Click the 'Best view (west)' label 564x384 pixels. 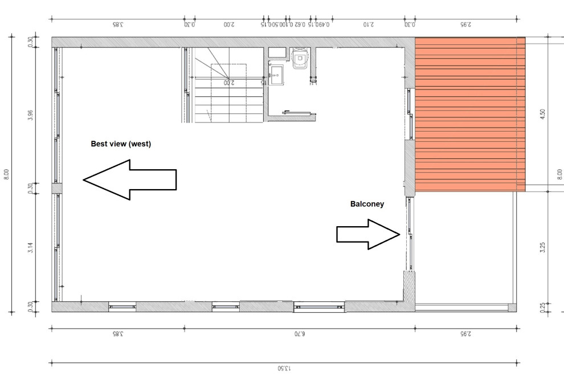[121, 144]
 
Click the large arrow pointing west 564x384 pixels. [130, 179]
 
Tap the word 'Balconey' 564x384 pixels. [367, 203]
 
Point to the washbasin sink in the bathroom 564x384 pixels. [277, 74]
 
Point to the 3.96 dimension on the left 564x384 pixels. [31, 116]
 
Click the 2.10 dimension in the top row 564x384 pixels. [369, 24]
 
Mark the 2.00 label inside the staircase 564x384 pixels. [228, 83]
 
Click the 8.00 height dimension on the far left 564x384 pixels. [7, 174]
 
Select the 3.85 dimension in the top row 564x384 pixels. [118, 24]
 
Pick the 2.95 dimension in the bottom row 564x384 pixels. [466, 334]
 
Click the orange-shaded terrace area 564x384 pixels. [469, 114]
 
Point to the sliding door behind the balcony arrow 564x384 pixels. [408, 234]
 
